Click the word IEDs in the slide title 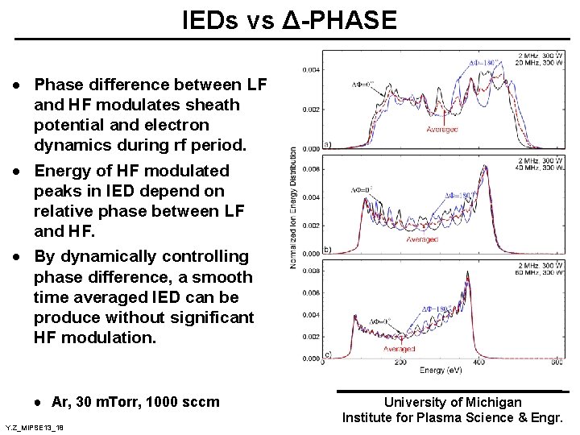tap(212, 20)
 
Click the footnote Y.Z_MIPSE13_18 tap(34, 426)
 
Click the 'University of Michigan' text tap(452, 402)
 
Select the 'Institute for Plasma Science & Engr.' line tap(452, 417)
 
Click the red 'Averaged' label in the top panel tap(441, 129)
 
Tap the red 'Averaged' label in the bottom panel tap(399, 349)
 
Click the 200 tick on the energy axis tap(400, 362)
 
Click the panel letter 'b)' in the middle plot tap(327, 250)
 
